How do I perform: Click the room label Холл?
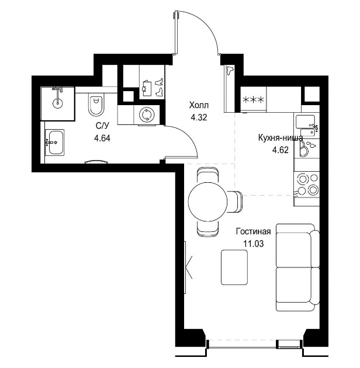(199, 105)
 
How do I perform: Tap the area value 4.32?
(199, 117)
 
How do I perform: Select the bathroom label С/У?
(102, 127)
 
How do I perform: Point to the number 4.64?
(102, 138)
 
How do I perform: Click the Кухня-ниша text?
(281, 138)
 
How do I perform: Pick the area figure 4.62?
(280, 150)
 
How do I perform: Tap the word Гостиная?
(254, 231)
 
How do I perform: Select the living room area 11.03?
(253, 244)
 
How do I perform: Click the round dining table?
(208, 202)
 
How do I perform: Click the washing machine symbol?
(147, 115)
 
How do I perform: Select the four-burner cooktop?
(307, 185)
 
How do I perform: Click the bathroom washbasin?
(56, 142)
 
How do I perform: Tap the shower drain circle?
(57, 103)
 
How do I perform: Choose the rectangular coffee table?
(234, 268)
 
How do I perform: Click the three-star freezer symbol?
(253, 100)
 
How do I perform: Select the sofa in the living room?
(298, 268)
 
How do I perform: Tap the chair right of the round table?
(235, 202)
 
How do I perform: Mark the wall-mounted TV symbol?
(187, 267)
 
